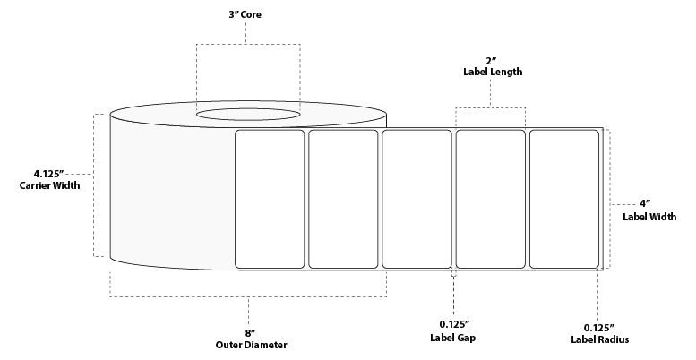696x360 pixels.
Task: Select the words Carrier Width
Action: (x=49, y=186)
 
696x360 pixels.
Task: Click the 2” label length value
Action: (x=492, y=58)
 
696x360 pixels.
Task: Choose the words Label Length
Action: (x=492, y=72)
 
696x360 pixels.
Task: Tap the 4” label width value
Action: (x=644, y=203)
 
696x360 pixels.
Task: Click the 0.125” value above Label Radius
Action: (x=599, y=325)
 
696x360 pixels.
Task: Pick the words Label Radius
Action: (x=599, y=339)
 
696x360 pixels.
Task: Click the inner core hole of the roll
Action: (x=248, y=115)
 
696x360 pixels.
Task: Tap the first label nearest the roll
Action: (x=270, y=199)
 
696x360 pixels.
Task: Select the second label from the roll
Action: (x=343, y=199)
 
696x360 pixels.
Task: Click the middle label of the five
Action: (x=417, y=199)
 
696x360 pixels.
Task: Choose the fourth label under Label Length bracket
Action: (x=491, y=199)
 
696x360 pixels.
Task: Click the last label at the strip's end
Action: (x=564, y=199)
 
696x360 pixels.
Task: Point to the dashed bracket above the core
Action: (x=248, y=43)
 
